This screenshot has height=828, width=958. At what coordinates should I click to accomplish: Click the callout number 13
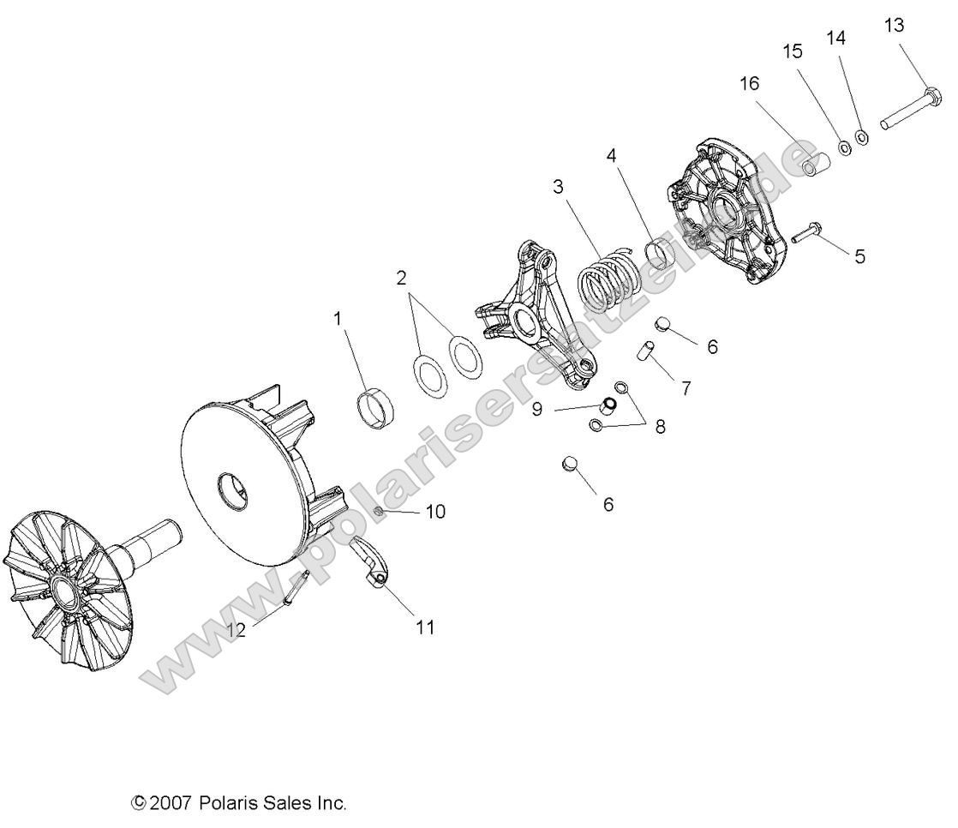893,26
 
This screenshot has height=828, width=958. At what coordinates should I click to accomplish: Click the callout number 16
749,84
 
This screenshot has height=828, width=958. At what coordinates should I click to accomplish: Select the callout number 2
400,278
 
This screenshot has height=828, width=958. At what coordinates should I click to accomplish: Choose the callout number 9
537,409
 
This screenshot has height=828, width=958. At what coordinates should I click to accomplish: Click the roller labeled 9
608,404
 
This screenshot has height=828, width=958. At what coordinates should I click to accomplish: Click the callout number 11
425,627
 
